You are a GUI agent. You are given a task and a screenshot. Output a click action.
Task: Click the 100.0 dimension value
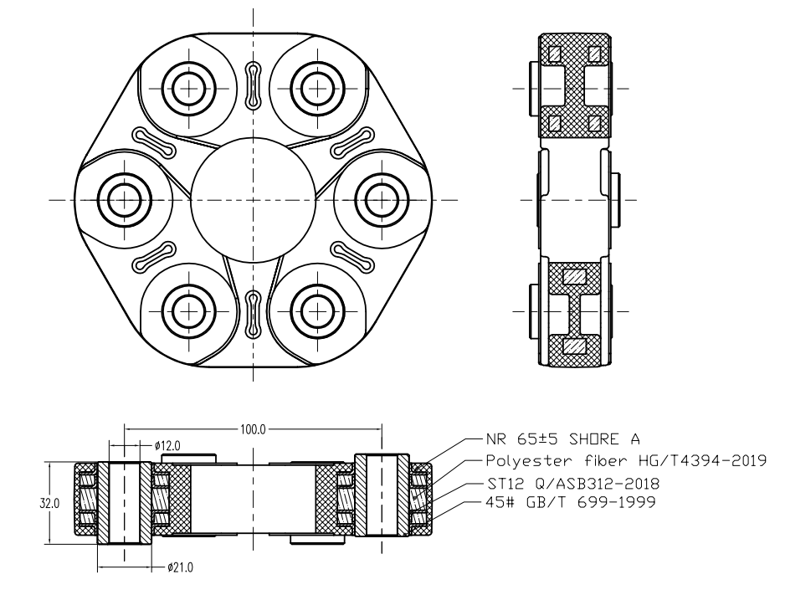coord(253,429)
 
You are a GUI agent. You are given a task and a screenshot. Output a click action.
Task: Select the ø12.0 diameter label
coord(169,446)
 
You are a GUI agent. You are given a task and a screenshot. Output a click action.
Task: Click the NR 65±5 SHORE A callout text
coord(557,439)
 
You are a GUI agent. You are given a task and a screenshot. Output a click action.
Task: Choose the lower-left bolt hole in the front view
coord(187,310)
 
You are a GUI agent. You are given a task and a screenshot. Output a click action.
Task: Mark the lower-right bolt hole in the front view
coord(316,310)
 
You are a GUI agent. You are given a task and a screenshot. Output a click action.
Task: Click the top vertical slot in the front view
coord(252,85)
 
